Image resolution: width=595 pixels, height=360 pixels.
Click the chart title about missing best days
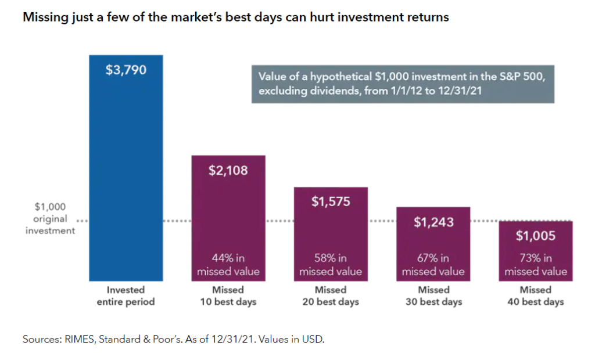click(235, 17)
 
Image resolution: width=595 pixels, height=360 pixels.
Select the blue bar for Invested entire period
click(126, 174)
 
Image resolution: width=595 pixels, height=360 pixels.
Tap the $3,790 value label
click(126, 70)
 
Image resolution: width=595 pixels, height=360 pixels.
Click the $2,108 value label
click(228, 170)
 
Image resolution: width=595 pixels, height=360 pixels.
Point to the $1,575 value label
click(331, 201)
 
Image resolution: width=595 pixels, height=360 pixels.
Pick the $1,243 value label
click(433, 222)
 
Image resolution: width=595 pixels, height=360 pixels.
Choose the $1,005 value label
click(536, 236)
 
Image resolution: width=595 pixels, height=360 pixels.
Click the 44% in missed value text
click(228, 265)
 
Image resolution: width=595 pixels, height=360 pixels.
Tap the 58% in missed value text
click(331, 265)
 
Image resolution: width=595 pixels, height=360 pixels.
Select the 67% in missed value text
click(433, 265)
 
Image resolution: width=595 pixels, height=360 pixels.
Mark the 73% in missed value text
click(536, 265)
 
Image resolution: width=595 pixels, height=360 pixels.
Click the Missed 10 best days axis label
click(228, 296)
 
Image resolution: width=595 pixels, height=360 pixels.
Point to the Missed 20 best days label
click(331, 296)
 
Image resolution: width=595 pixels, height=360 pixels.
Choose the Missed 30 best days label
click(433, 296)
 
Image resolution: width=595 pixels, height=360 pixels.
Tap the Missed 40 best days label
click(536, 296)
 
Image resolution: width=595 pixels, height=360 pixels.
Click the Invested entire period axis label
click(126, 296)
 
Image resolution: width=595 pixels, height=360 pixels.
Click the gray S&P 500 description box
click(403, 84)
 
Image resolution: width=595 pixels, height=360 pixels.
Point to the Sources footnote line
click(173, 339)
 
